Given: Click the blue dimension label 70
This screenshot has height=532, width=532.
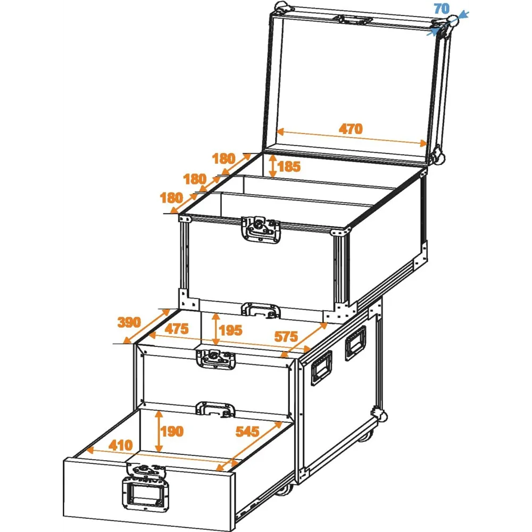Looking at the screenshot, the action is [442, 9].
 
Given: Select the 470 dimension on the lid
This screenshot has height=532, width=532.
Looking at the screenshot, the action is [351, 129].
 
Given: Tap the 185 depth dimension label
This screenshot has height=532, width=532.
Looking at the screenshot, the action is [289, 167].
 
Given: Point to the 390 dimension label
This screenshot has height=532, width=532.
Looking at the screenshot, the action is [129, 322].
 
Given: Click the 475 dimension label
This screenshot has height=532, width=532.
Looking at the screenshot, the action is [177, 329].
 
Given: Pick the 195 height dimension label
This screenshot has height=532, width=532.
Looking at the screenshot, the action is [230, 330].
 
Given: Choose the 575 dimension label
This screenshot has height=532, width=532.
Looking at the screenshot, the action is [286, 337].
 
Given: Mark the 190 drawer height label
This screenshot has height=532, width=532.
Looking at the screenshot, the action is [172, 431].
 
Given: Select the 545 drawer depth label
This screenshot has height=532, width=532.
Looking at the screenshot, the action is [247, 431].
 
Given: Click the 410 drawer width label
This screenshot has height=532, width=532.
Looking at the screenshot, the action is [121, 445].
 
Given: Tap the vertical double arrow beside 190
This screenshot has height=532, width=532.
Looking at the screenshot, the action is [159, 431].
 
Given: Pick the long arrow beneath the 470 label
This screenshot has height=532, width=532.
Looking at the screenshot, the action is [352, 137].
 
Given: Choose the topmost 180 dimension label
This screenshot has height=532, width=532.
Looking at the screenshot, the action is [223, 159].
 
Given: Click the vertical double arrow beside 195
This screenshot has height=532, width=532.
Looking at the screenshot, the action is [215, 329].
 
